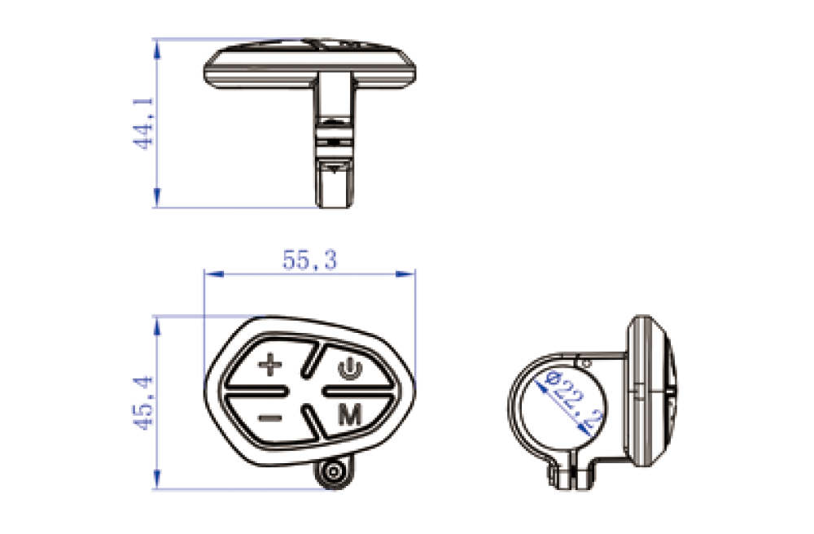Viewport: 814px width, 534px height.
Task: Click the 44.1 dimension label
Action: click(144, 124)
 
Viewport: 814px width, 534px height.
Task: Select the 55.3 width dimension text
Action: click(310, 260)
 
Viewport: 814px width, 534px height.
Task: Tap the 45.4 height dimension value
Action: click(144, 403)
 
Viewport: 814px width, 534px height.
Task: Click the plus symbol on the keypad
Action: click(270, 365)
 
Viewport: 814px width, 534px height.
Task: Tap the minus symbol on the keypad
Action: click(270, 418)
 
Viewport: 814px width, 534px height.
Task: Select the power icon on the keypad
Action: click(350, 368)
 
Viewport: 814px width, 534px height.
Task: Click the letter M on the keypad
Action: click(350, 415)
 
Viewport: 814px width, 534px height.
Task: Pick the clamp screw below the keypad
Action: click(333, 472)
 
